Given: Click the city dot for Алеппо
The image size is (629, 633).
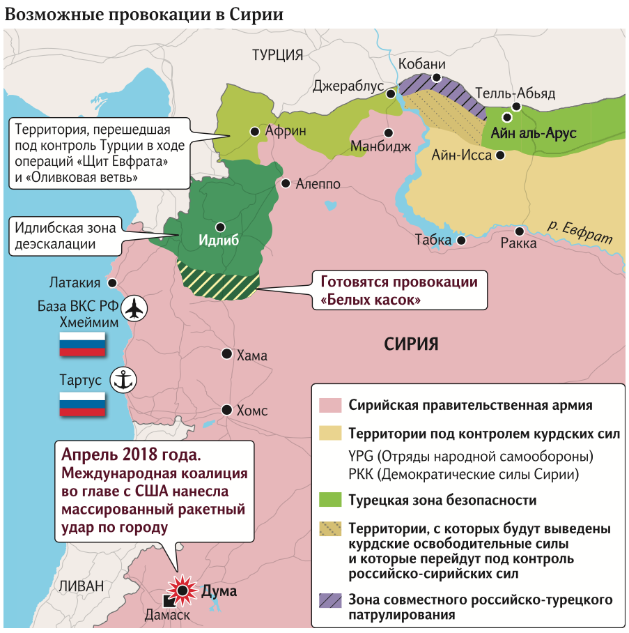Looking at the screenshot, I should pos(286,183).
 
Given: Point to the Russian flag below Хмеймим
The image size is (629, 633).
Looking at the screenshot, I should pos(82,344).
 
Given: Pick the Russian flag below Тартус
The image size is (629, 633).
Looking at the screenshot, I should pos(82,404).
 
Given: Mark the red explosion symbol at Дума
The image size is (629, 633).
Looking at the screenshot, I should pos(183,590).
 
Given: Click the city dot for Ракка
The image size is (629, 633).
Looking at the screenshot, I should pos(519,231).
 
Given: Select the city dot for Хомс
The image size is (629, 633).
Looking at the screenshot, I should pos(227,409).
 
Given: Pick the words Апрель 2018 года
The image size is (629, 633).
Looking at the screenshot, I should pos(131,454).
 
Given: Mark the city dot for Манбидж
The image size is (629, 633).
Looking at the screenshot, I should pos(388,132).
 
